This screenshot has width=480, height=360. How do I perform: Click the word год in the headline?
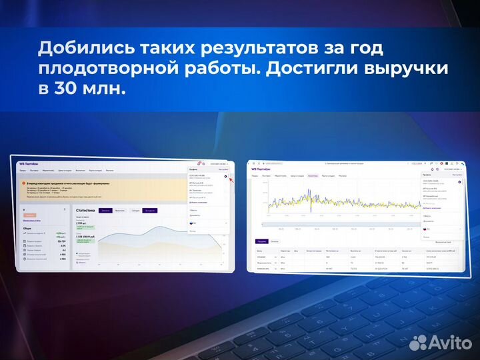pyautogui.click(x=365, y=49)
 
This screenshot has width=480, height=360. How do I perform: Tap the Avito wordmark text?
pyautogui.click(x=450, y=343)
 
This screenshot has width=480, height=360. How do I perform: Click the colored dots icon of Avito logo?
pyautogui.click(x=418, y=342)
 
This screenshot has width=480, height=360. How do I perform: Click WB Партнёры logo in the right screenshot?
pyautogui.click(x=261, y=169)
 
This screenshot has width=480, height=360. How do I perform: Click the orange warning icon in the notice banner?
pyautogui.click(x=24, y=182)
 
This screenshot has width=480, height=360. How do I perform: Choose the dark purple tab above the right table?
pyautogui.click(x=261, y=241)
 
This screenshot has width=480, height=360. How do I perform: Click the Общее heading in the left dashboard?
pyautogui.click(x=27, y=227)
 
